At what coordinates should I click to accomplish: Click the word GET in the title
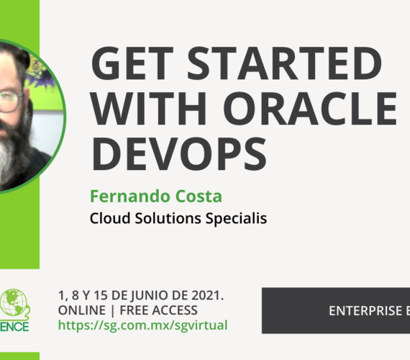129,67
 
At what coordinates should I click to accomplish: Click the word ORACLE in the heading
316,109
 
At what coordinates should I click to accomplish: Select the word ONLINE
78,310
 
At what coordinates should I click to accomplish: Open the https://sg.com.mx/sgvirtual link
142,325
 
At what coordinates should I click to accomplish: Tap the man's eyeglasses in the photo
9,101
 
